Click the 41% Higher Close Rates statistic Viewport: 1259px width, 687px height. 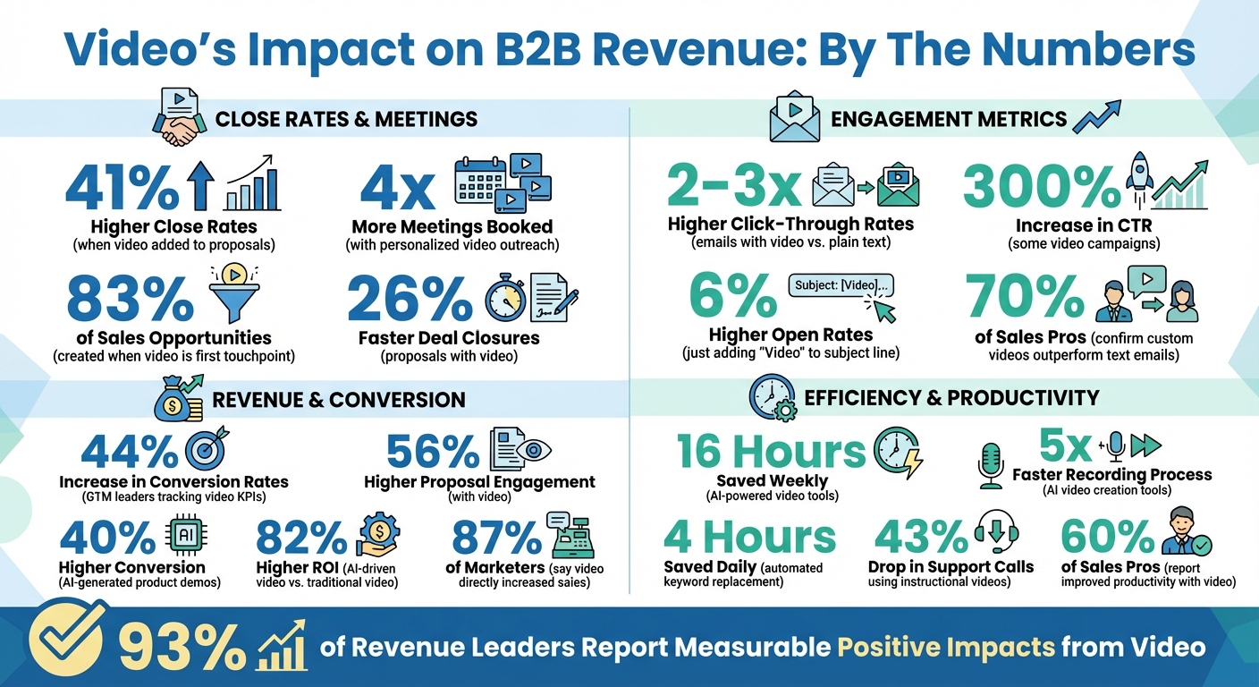(122, 188)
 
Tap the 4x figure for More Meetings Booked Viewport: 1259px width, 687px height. (397, 188)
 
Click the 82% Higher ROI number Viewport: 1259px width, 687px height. (300, 538)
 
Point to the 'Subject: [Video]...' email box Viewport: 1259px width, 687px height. (841, 285)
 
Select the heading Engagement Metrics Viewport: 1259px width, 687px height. (949, 119)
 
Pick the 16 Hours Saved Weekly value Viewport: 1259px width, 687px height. (771, 451)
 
